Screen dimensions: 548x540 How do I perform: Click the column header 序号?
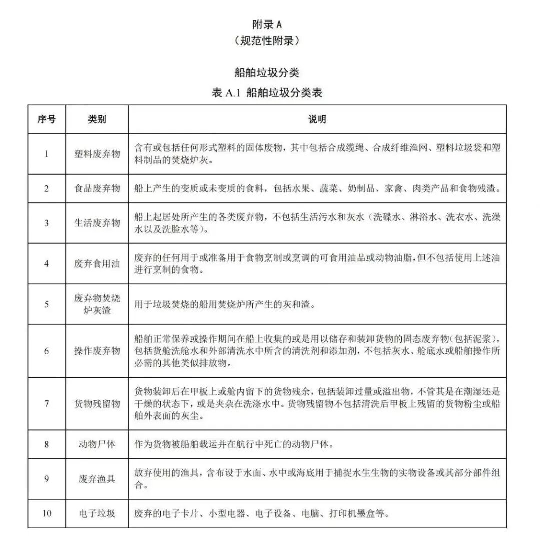coord(47,119)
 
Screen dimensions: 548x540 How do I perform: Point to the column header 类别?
coord(97,119)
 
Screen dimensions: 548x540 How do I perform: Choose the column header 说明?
coord(317,119)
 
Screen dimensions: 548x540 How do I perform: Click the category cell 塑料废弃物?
coord(97,154)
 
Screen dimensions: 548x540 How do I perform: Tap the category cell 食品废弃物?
coord(97,188)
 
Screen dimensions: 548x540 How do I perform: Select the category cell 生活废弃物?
coord(97,223)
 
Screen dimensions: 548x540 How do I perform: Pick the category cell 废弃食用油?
coord(97,263)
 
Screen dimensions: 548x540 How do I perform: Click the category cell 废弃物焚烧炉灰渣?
coord(97,304)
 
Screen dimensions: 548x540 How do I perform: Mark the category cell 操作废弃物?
coord(97,351)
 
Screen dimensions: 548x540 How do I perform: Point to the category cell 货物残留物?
coord(97,404)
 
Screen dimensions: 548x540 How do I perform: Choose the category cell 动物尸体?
coord(97,444)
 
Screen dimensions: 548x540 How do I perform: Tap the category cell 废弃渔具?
coord(97,479)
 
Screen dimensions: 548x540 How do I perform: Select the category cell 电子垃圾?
coord(97,513)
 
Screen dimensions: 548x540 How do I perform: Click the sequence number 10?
coord(47,513)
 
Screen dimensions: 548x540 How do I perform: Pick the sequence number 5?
coord(47,304)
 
